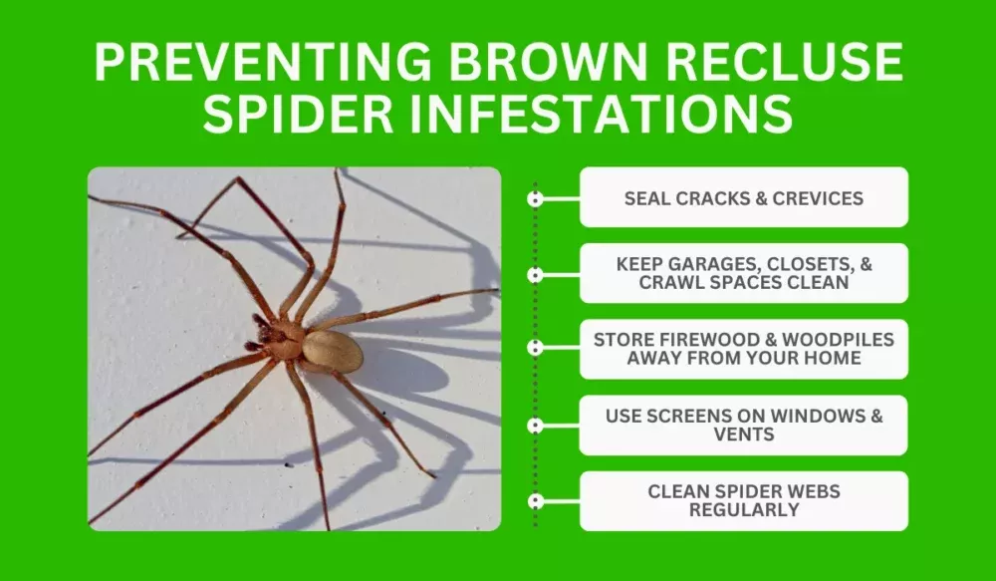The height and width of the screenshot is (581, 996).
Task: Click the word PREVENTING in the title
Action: pyautogui.click(x=256, y=65)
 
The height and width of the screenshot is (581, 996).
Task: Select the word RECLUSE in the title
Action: pyautogui.click(x=778, y=65)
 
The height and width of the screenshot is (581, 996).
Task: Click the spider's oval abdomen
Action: pyautogui.click(x=333, y=352)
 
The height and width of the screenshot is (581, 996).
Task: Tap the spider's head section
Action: pyautogui.click(x=285, y=339)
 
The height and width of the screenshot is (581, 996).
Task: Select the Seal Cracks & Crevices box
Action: pyautogui.click(x=743, y=198)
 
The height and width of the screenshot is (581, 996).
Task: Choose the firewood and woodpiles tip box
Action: pyautogui.click(x=743, y=349)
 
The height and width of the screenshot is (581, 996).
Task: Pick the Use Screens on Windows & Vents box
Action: pyautogui.click(x=743, y=426)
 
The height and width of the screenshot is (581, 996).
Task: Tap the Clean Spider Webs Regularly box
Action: pyautogui.click(x=743, y=500)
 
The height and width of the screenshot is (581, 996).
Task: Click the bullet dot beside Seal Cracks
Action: pyautogui.click(x=536, y=198)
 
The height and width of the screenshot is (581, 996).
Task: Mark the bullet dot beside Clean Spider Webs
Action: pyautogui.click(x=536, y=500)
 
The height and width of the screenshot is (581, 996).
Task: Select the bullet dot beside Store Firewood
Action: pyautogui.click(x=536, y=349)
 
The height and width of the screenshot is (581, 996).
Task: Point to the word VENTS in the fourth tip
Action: pyautogui.click(x=744, y=435)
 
